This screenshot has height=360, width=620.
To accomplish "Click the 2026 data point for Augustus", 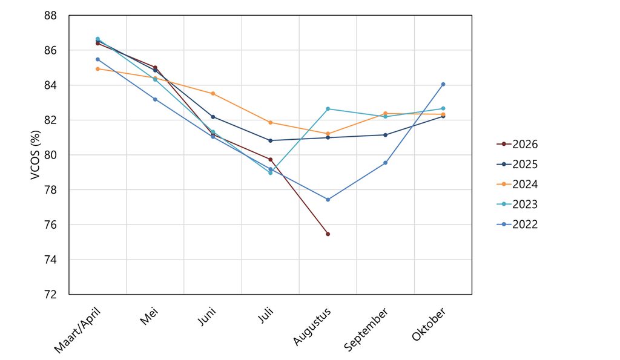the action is coord(328,234).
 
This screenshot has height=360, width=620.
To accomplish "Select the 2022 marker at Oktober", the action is coord(443,84).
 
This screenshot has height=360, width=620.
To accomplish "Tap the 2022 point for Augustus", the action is coord(328,200).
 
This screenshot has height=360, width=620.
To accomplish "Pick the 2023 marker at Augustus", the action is coord(328,109).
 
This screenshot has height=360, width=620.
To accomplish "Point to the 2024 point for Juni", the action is coord(213,94).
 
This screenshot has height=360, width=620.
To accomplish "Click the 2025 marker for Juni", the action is coord(213,117).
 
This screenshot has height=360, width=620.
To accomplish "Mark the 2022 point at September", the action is coord(386,163).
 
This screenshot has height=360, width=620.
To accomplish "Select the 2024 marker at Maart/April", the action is coord(97,69).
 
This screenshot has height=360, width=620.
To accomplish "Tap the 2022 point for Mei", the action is coord(155,99).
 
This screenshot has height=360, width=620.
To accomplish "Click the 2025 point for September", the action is coord(386,135).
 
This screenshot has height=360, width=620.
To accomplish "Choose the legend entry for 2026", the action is coord(517,144).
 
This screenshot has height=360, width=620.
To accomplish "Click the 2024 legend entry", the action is coord(517,184).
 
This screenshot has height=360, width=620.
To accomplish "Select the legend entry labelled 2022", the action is coord(517,224).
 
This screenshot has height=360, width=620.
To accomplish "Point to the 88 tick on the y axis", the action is coord(50,16).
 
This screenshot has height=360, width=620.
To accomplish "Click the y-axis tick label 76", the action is coord(50,225).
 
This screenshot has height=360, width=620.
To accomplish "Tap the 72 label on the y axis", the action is coord(50,295).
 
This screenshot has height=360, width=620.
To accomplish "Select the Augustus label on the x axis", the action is coord(312,327).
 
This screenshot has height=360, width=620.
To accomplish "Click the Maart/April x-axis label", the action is coord(77,330).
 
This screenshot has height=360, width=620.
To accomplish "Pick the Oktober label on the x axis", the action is coord(429,324).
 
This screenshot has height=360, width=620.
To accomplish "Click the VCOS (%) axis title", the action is coord(36,155).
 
